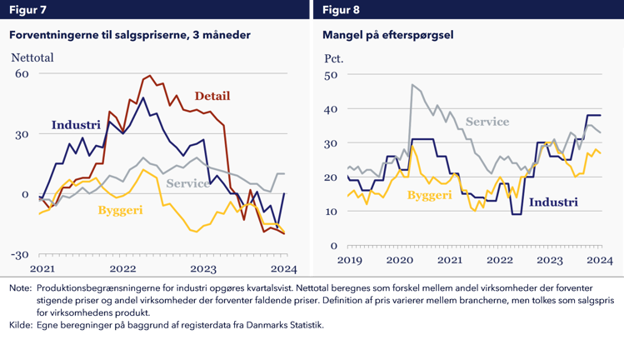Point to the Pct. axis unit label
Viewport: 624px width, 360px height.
[333, 58]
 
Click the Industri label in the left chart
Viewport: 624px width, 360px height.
[76, 125]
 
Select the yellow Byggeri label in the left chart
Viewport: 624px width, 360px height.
[121, 210]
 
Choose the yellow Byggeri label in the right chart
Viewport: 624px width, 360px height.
[430, 195]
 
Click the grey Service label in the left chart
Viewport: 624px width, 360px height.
[188, 183]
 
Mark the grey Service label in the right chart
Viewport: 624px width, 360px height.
[487, 122]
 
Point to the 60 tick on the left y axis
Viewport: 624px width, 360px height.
[22, 73]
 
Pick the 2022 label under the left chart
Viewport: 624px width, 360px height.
[122, 269]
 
